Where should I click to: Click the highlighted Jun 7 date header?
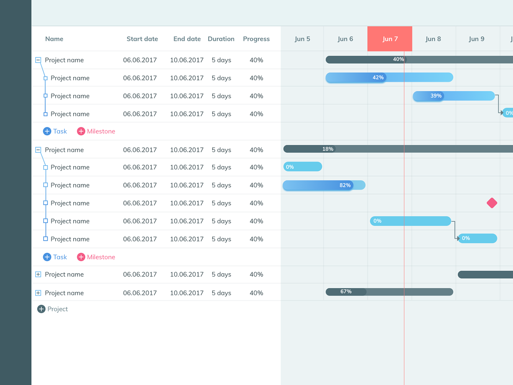click(x=390, y=39)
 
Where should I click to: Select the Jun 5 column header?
click(x=302, y=39)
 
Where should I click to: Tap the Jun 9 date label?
click(x=476, y=39)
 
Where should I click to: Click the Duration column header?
click(x=221, y=39)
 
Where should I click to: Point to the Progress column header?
click(x=256, y=39)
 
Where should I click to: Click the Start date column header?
click(x=142, y=39)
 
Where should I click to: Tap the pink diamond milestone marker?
click(x=492, y=203)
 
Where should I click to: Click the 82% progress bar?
click(x=324, y=185)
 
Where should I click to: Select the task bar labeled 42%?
click(x=389, y=77)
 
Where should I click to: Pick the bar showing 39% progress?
click(x=454, y=96)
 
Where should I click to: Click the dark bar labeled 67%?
click(x=389, y=292)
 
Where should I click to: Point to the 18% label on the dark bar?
click(x=328, y=149)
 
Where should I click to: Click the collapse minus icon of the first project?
click(x=38, y=60)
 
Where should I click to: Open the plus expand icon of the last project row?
click(x=38, y=293)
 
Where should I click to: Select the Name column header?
click(x=54, y=39)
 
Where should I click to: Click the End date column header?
click(x=187, y=39)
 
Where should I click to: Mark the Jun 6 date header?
click(x=345, y=39)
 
